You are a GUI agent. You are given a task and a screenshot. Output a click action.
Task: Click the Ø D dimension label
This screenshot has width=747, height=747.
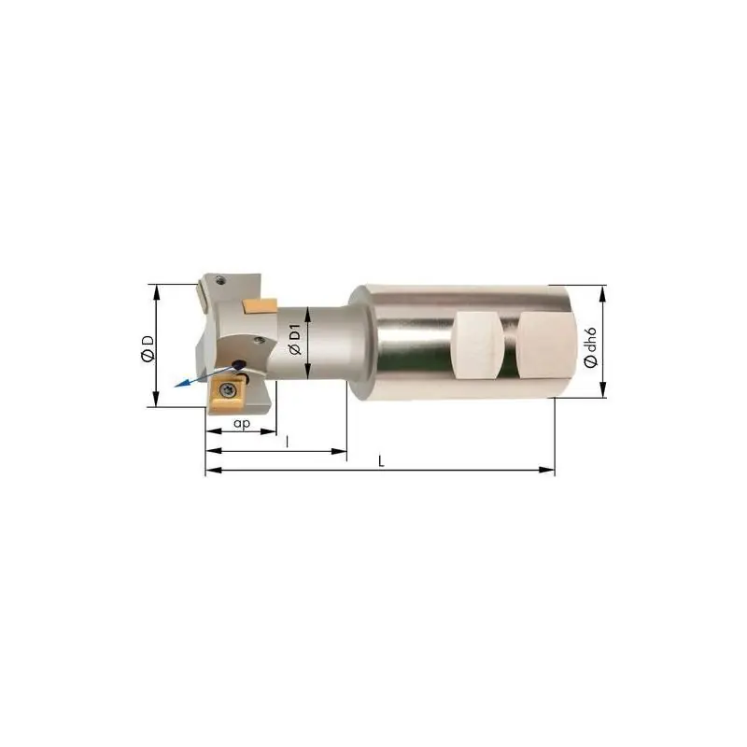click(148, 348)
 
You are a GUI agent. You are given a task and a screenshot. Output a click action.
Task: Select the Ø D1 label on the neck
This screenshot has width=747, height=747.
click(295, 339)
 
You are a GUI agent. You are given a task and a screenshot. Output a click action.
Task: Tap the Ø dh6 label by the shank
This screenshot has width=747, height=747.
click(590, 347)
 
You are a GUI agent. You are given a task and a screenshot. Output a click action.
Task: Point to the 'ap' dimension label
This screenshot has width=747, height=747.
click(242, 424)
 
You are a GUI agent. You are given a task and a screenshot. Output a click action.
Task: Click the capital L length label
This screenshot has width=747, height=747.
click(381, 461)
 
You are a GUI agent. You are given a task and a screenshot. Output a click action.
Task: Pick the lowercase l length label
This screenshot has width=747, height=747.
click(287, 442)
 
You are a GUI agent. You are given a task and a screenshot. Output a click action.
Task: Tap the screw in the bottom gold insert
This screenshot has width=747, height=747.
click(225, 390)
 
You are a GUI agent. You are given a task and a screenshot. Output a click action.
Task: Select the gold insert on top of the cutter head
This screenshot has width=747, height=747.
click(260, 306)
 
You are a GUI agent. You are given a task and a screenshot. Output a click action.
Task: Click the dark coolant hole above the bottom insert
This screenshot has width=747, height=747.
click(237, 365)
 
